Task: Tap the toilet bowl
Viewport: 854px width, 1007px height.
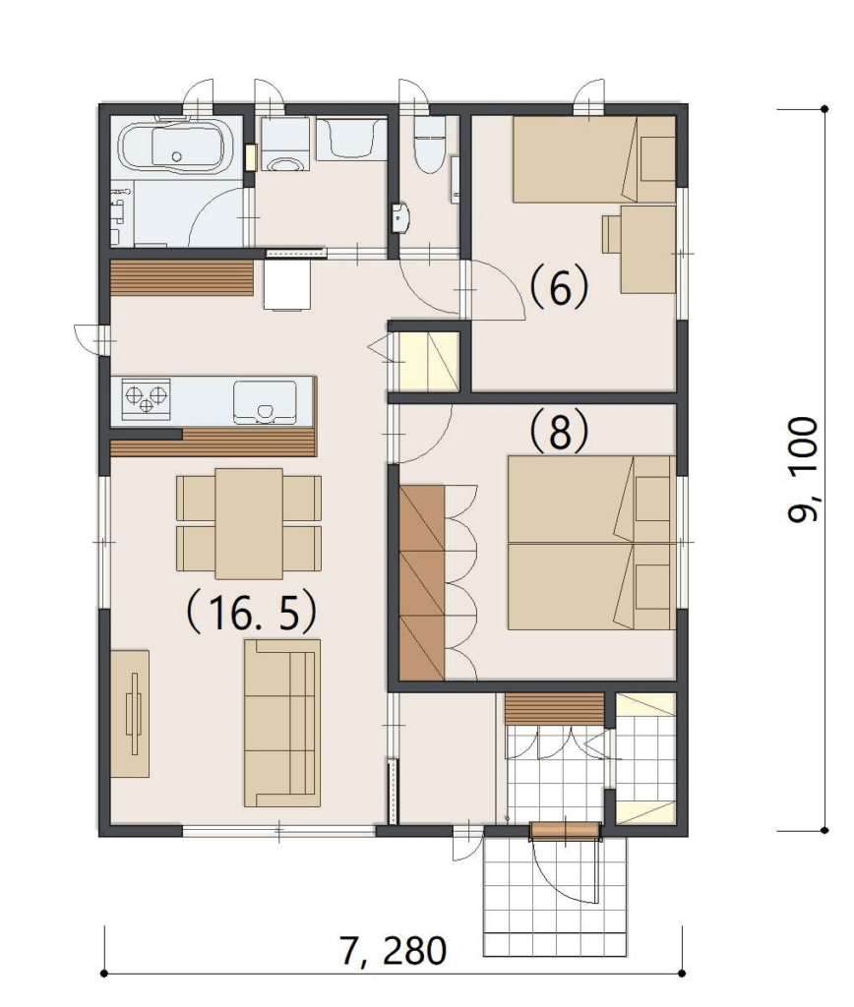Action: coord(429,146)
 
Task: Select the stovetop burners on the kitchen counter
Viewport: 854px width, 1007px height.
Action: coord(147,399)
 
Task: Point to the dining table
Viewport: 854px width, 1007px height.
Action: coord(249,523)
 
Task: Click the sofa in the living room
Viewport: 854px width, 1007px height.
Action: coord(282,723)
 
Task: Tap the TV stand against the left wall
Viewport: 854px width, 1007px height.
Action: coord(131,714)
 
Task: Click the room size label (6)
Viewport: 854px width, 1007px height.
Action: coord(559,287)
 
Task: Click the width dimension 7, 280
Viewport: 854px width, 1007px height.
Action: coord(394,951)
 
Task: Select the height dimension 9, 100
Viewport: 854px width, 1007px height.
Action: coord(803,469)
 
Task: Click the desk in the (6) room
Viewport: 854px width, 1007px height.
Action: coord(647,249)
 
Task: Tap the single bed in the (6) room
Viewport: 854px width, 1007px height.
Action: coord(593,159)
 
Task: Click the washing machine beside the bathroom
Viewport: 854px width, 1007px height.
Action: coord(284,145)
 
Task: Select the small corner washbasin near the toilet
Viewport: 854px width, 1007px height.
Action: coord(400,217)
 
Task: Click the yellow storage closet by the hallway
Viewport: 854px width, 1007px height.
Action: coord(429,361)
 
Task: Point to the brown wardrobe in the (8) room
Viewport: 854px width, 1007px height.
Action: coord(421,582)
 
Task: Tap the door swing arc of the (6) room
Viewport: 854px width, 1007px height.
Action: coord(499,290)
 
